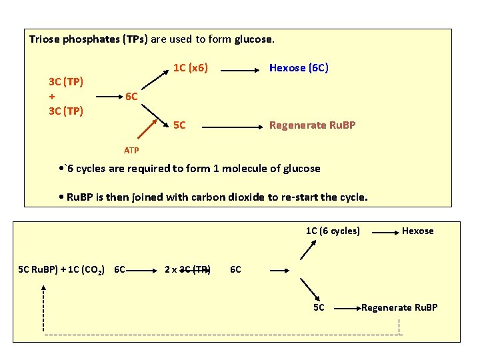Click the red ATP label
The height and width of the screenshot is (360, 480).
pyautogui.click(x=132, y=150)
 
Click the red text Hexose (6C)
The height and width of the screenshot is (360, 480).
pyautogui.click(x=299, y=68)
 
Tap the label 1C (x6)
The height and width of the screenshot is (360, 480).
pyautogui.click(x=190, y=68)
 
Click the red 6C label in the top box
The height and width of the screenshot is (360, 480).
pyautogui.click(x=132, y=97)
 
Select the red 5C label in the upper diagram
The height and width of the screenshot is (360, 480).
pyautogui.click(x=179, y=125)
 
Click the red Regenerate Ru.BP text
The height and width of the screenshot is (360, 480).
pyautogui.click(x=312, y=125)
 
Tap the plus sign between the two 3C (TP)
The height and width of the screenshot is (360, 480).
pyautogui.click(x=52, y=96)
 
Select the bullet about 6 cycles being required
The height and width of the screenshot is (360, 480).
pyautogui.click(x=189, y=168)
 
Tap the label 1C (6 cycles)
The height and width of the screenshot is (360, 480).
pyautogui.click(x=333, y=231)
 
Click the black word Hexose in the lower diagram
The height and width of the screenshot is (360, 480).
pyautogui.click(x=417, y=231)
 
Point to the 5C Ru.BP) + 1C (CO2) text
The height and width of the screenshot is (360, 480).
pyautogui.click(x=69, y=270)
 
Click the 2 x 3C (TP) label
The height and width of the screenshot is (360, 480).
pyautogui.click(x=188, y=270)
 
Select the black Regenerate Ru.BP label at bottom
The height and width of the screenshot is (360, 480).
pyautogui.click(x=399, y=307)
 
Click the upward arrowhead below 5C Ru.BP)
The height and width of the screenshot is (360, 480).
pyautogui.click(x=44, y=289)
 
